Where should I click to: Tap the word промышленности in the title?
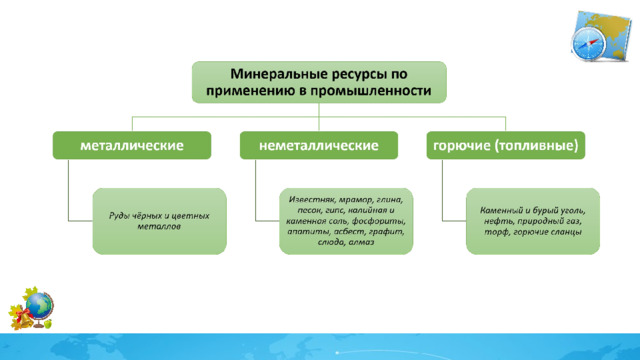point(370,90)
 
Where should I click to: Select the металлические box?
point(132,145)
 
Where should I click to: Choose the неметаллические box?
point(319,145)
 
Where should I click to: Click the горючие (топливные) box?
point(506,145)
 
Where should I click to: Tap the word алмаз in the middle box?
point(361,242)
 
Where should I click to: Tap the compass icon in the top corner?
point(588,43)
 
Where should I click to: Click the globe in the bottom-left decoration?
point(39,305)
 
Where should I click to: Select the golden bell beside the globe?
point(24,319)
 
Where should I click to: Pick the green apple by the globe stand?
point(48,324)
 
